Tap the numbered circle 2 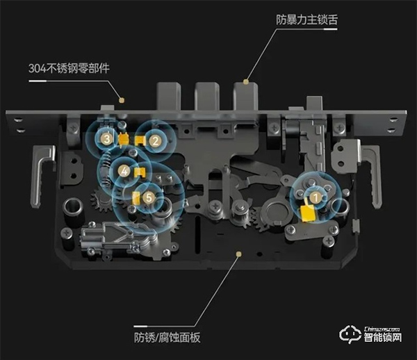click(x=156, y=140)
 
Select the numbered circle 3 click(x=106, y=139)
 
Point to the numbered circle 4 click(x=123, y=170)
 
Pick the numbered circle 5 click(x=149, y=198)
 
